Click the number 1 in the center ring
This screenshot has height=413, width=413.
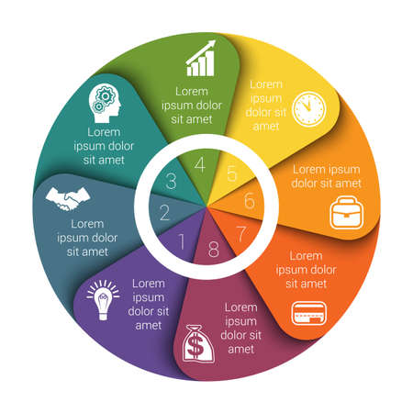pyautogui.click(x=182, y=241)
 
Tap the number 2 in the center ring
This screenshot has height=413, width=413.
pyautogui.click(x=164, y=213)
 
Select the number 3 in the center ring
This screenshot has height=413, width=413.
pyautogui.click(x=171, y=181)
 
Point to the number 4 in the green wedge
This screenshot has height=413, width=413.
pyautogui.click(x=200, y=164)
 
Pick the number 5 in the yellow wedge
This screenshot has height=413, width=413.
pyautogui.click(x=232, y=173)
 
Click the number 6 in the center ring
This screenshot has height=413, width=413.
pyautogui.click(x=250, y=201)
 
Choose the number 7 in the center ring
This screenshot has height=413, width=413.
pyautogui.click(x=241, y=234)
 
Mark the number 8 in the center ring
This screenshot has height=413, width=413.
pyautogui.click(x=214, y=249)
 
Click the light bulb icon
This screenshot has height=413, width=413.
pyautogui.click(x=103, y=300)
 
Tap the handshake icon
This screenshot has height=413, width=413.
pyautogui.click(x=68, y=199)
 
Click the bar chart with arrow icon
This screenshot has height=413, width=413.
pyautogui.click(x=201, y=59)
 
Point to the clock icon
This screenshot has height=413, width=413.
pyautogui.click(x=309, y=108)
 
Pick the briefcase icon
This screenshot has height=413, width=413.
pyautogui.click(x=347, y=213)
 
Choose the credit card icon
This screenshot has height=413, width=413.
pyautogui.click(x=309, y=313)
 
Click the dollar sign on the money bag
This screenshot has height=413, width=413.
pyautogui.click(x=195, y=346)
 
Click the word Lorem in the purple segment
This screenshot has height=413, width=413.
pyautogui.click(x=149, y=284)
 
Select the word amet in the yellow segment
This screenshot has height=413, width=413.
pyautogui.click(x=266, y=126)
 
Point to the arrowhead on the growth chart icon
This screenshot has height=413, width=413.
pyautogui.click(x=211, y=45)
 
